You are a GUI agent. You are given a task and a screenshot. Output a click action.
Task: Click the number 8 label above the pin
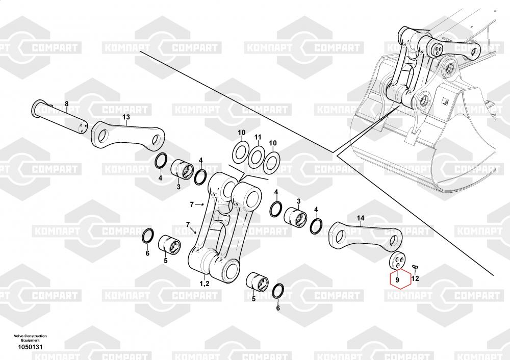[67, 104]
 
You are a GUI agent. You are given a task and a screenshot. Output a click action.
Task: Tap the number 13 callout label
[126, 117]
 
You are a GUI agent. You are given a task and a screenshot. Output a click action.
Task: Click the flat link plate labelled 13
[128, 136]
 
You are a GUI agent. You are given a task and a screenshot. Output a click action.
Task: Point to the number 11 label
[258, 138]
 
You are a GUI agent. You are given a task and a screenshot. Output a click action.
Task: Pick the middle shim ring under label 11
[256, 157]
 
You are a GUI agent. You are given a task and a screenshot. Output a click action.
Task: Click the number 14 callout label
[361, 218]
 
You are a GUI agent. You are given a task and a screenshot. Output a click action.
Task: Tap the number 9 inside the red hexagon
[397, 279]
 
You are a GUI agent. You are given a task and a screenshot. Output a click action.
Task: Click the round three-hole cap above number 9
[399, 261]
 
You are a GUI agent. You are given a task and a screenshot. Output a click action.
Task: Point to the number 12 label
[415, 278]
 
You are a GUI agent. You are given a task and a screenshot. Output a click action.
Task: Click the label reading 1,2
[205, 284]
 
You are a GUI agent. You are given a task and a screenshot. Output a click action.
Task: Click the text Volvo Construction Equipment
[30, 338]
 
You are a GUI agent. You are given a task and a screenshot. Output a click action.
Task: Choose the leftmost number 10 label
[241, 133]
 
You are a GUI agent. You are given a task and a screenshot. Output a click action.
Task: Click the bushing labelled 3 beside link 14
[296, 217]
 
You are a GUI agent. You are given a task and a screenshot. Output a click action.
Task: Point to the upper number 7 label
[192, 204]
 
